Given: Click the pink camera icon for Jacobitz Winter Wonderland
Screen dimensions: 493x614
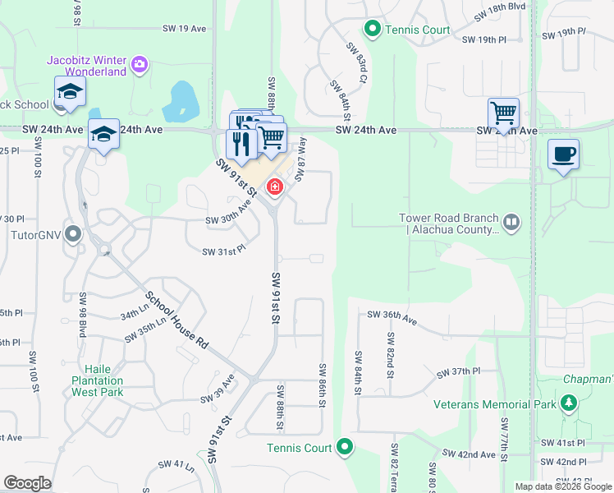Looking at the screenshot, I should pyautogui.click(x=139, y=62).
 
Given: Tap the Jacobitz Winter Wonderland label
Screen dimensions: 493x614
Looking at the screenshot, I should pyautogui.click(x=86, y=66).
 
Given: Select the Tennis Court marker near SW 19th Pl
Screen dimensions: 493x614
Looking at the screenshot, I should pyautogui.click(x=372, y=30).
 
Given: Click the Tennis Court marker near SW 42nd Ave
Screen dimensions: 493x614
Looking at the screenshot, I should pyautogui.click(x=345, y=448).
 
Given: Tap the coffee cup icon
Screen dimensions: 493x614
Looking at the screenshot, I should pyautogui.click(x=563, y=154).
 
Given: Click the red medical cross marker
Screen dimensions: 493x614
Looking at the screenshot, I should pyautogui.click(x=274, y=188).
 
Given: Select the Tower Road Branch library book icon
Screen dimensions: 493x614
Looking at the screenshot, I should pyautogui.click(x=511, y=222).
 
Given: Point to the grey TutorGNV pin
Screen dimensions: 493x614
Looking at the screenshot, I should pyautogui.click(x=74, y=235).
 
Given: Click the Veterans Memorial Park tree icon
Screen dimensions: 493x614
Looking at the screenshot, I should pyautogui.click(x=568, y=402).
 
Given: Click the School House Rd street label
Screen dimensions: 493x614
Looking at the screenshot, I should pyautogui.click(x=176, y=320).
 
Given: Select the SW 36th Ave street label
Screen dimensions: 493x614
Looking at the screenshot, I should pyautogui.click(x=392, y=315).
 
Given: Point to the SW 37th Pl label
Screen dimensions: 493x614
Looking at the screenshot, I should pyautogui.click(x=458, y=372).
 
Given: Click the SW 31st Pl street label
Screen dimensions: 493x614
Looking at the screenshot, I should pyautogui.click(x=223, y=251).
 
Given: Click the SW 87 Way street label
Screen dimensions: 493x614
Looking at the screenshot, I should pyautogui.click(x=300, y=154).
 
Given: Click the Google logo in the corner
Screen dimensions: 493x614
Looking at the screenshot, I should pyautogui.click(x=27, y=482).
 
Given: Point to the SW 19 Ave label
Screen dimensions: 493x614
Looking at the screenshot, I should pyautogui.click(x=184, y=28).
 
